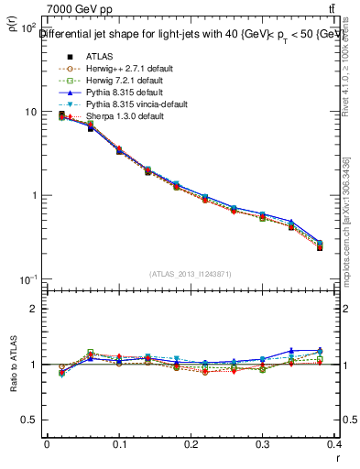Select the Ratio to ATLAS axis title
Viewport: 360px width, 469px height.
point(14,365)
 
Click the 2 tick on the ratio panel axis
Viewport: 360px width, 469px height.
point(34,309)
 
